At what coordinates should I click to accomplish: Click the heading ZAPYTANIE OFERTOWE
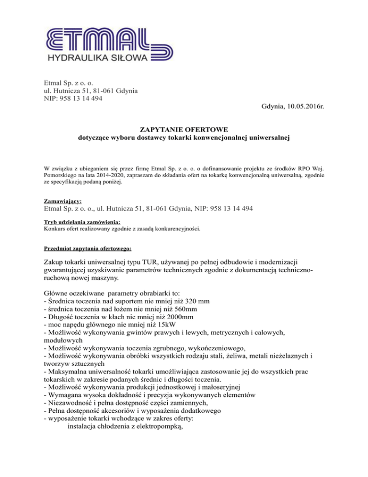tap(184, 130)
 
